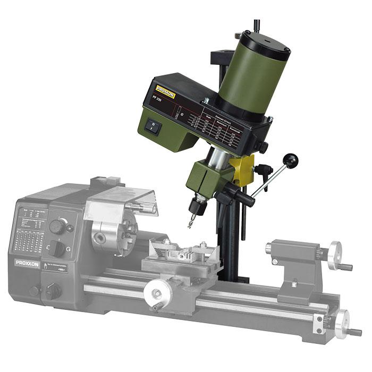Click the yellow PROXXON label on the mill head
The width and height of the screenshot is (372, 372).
(166, 91)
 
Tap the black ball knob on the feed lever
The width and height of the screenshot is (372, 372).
(291, 160)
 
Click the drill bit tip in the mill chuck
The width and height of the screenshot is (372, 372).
(190, 225)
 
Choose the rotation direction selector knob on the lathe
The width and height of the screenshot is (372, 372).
(57, 249)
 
